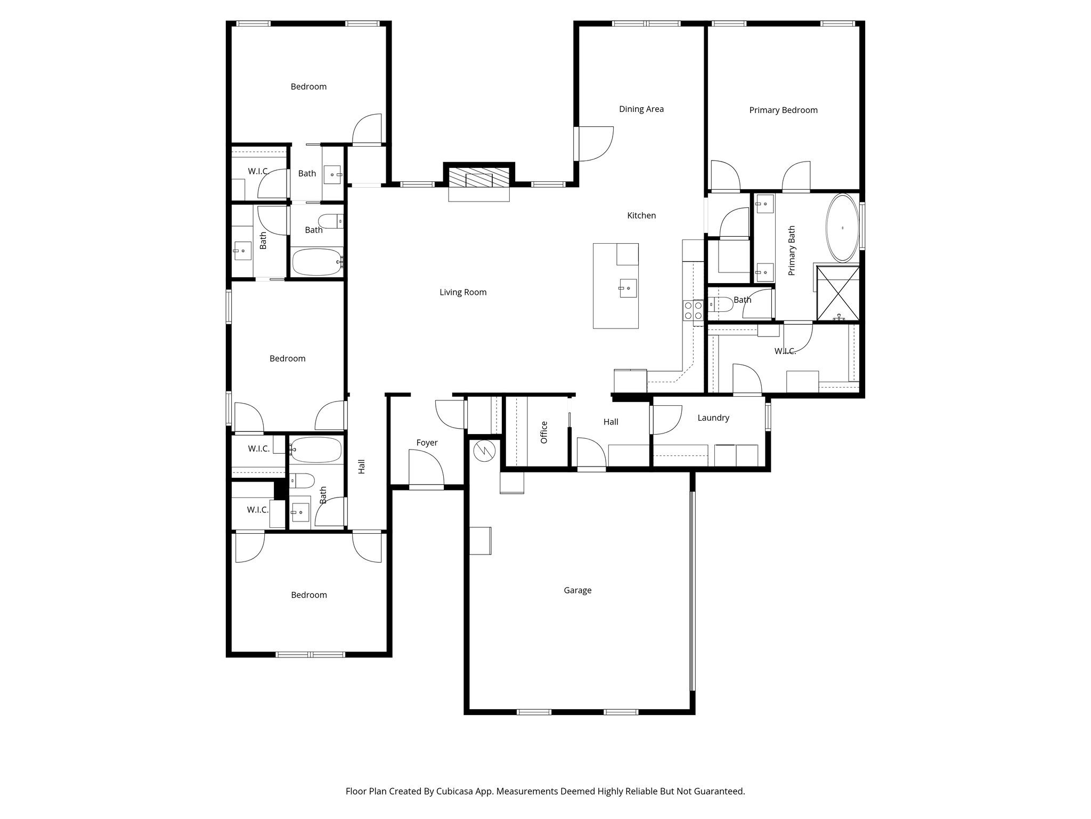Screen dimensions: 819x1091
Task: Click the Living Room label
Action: [x=463, y=292]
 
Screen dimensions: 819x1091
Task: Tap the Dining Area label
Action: [x=641, y=109]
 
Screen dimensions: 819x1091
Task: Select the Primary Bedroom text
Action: [x=783, y=110]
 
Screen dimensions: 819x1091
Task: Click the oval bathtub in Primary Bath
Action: [x=842, y=228]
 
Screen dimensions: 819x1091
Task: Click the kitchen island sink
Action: [x=628, y=288]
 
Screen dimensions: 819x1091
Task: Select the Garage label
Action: [x=577, y=590]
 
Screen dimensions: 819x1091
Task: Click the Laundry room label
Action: [x=713, y=418]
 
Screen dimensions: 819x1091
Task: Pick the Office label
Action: [x=544, y=432]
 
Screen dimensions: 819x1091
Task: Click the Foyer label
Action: [x=427, y=443]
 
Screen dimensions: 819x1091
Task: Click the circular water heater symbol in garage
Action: [x=484, y=451]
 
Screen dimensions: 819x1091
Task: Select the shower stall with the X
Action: [x=838, y=294]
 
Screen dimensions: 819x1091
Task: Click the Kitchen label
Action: [x=641, y=215]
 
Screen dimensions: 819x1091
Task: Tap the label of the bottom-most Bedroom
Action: [x=309, y=595]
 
